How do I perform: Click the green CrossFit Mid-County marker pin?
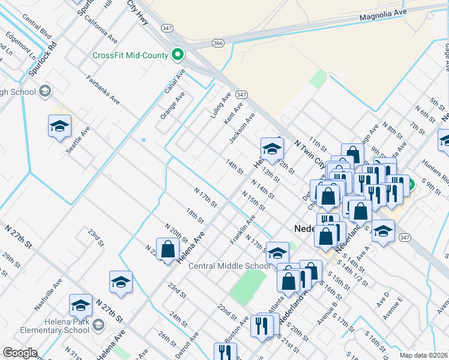click(x=177, y=55)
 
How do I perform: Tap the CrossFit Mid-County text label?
click(x=130, y=56)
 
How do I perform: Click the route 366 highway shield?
click(x=218, y=43)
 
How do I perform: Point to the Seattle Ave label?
click(x=78, y=139)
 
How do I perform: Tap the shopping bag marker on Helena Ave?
click(x=168, y=249)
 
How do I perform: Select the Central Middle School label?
click(x=230, y=266)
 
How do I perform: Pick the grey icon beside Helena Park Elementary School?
click(x=98, y=325)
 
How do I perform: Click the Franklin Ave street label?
click(x=243, y=230)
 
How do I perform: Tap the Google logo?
click(x=20, y=353)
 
